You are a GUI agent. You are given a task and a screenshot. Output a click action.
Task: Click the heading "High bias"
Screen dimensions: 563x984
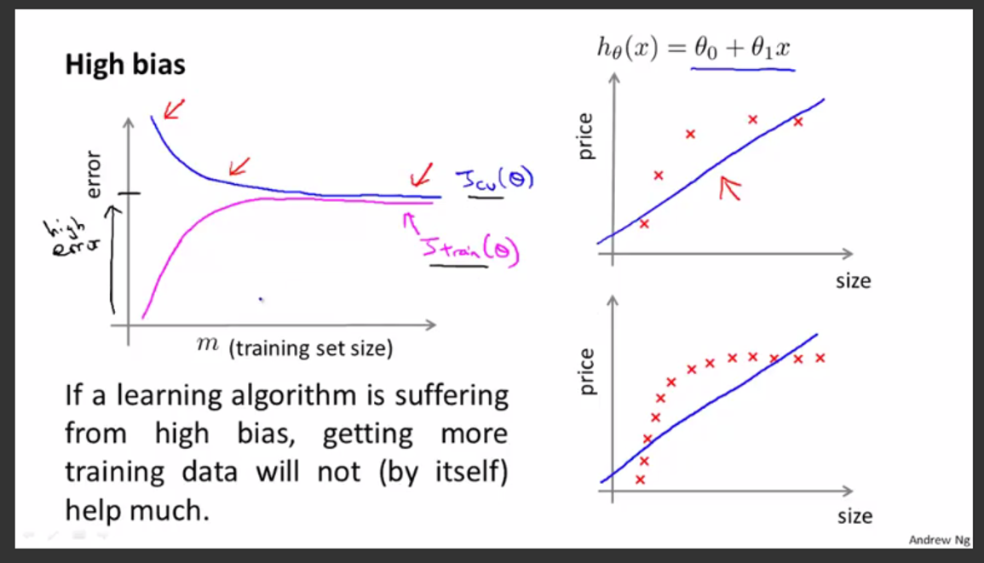click(125, 65)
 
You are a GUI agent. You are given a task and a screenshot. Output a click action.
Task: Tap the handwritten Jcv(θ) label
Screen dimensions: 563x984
click(493, 181)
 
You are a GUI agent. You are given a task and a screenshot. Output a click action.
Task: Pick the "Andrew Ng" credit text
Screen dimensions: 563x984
click(938, 540)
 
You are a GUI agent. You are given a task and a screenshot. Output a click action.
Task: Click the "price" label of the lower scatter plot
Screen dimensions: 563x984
click(586, 373)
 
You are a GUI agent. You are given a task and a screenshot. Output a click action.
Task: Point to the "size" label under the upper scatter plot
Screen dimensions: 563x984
click(853, 280)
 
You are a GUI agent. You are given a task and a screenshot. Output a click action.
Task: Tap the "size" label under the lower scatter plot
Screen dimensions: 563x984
click(854, 516)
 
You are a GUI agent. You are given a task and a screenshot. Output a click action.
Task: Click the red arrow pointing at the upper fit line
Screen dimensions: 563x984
click(729, 188)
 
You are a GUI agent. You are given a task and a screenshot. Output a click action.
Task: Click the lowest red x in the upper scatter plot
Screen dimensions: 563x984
click(644, 224)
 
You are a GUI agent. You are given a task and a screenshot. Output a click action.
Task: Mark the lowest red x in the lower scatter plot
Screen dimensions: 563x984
click(640, 480)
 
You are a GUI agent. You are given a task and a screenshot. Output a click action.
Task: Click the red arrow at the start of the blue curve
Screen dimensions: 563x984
click(175, 108)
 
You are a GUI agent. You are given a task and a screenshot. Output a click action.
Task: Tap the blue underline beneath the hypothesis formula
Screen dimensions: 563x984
click(741, 69)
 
